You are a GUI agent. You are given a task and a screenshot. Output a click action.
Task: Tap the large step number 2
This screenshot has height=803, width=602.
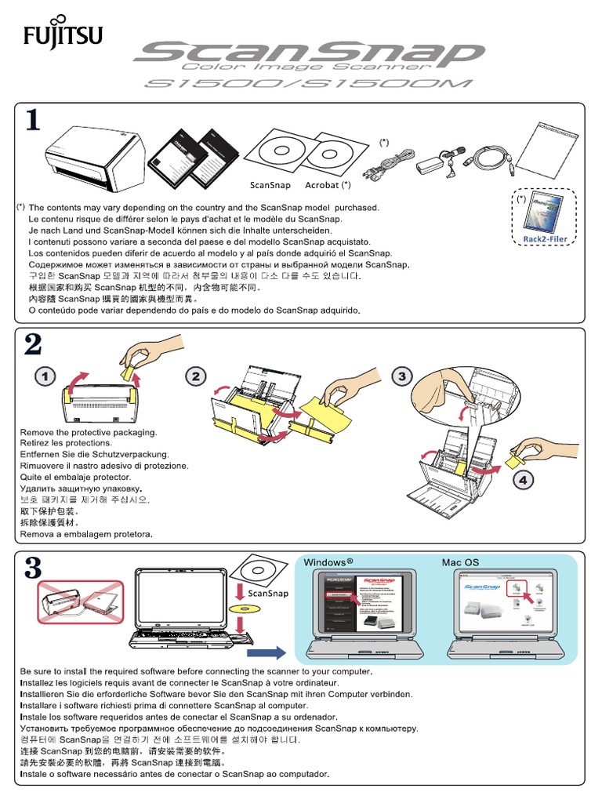click(x=33, y=345)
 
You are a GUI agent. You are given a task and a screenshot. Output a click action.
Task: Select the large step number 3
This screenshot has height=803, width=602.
click(x=33, y=568)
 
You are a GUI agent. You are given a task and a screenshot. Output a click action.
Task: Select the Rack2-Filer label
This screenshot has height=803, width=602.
click(x=546, y=239)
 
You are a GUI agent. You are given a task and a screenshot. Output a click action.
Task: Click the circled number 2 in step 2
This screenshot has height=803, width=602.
click(x=196, y=377)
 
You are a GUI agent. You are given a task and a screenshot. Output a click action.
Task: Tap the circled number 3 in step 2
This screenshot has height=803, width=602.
click(x=402, y=377)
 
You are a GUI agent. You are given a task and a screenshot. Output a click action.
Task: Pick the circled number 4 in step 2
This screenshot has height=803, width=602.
click(x=523, y=480)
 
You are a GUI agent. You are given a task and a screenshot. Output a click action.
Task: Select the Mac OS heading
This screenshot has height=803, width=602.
click(x=460, y=562)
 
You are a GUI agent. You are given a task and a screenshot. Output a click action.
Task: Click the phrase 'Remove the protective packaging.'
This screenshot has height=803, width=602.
click(x=89, y=432)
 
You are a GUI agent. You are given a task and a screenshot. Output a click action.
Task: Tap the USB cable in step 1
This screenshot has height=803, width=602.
click(x=488, y=159)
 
